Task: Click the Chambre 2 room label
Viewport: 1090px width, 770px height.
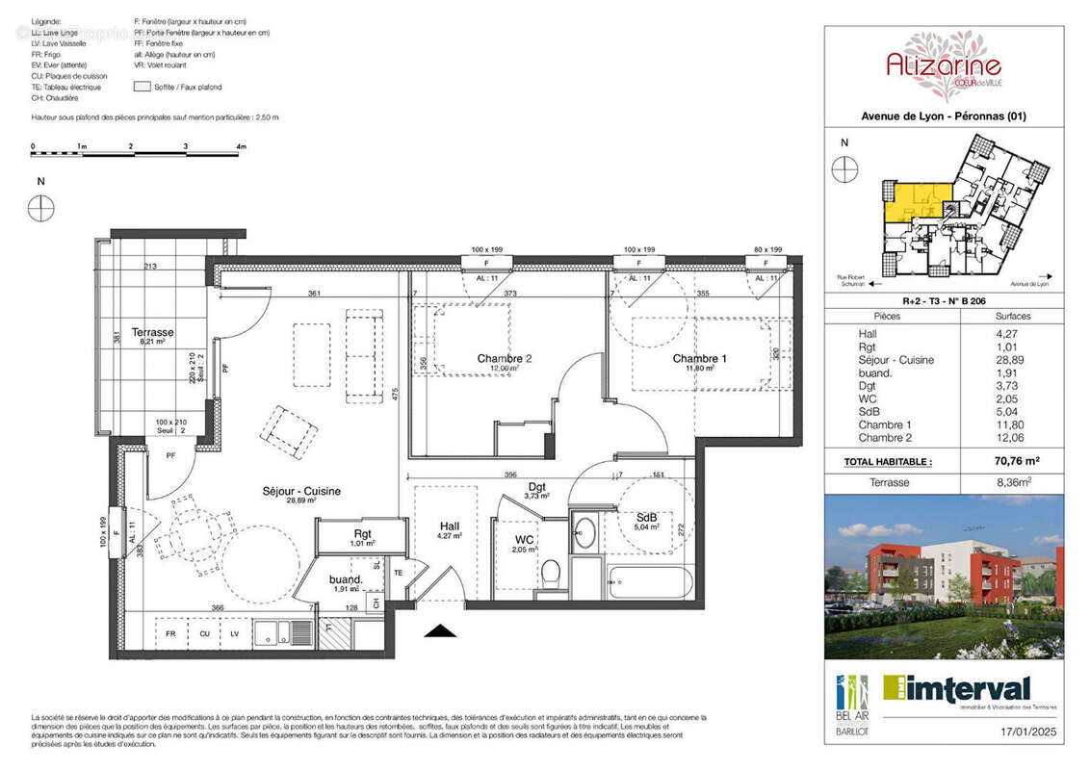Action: pos(505,359)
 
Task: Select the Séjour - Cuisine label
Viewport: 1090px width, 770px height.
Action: pos(301,492)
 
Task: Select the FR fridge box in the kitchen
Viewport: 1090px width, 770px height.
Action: pos(170,634)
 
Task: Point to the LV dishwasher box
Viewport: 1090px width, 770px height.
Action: pos(234,634)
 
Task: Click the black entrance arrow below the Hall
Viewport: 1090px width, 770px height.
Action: pos(440,630)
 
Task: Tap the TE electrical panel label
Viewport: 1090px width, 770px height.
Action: pos(399,572)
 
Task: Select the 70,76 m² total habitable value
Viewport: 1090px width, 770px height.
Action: pos(1013,461)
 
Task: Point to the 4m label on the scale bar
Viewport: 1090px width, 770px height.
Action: pos(241,146)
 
